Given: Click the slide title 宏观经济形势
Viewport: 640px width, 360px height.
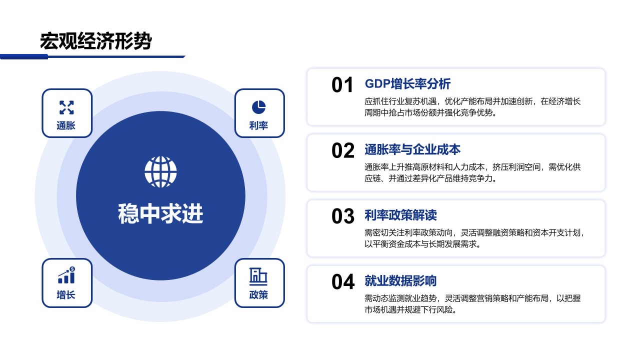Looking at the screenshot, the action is coord(95,41).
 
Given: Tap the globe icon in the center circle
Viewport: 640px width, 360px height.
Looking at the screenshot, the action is coord(160,171).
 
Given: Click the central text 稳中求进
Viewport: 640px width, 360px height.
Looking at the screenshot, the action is coord(160,213).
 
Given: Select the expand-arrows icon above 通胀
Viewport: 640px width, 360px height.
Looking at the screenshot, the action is coord(66,107).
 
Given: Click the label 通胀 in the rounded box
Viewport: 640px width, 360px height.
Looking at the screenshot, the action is coord(66,125).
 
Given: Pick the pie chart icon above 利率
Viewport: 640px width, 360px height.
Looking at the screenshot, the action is coord(259,107).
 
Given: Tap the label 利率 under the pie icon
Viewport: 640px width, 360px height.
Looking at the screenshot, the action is coord(258,125).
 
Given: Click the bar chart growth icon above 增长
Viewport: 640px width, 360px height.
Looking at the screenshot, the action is coord(66,275).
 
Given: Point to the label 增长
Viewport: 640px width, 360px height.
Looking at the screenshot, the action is coord(66,294).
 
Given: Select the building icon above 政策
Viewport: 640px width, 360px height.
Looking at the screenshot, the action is coord(258,276).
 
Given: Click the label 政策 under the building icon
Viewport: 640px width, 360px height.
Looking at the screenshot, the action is coord(258,294).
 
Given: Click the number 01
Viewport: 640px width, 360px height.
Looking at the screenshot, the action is coord(342,85).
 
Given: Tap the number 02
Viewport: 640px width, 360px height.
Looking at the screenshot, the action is coord(343,150).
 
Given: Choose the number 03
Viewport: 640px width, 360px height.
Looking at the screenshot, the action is coord(343,216).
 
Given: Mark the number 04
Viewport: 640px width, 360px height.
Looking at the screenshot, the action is coord(343,282).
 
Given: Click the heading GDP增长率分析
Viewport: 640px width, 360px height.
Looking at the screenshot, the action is coord(407,83).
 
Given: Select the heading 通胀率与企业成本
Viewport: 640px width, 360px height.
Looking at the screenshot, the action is coord(412,149).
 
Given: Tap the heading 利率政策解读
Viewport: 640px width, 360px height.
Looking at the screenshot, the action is coord(400,215).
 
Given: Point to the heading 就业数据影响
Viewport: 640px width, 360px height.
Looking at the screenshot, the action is coord(400,281).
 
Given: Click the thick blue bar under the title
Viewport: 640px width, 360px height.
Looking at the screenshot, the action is coord(24,56).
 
